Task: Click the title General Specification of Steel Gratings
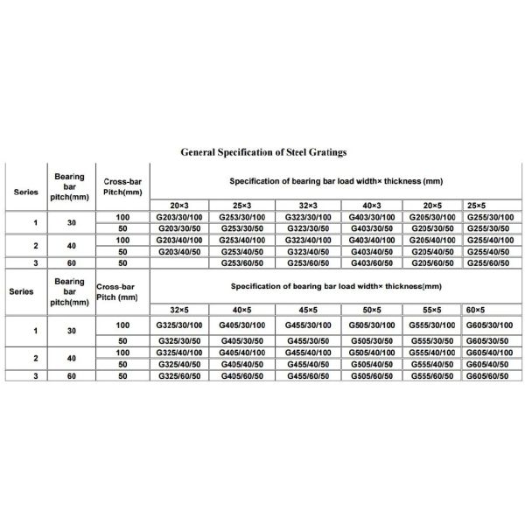[262, 151]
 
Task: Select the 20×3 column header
[179, 204]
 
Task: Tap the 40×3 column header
[364, 204]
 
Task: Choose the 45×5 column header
[304, 311]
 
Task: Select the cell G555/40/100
[430, 352]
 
